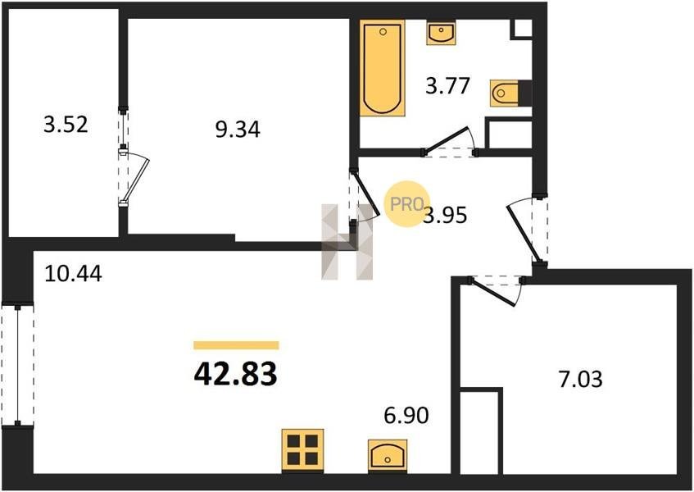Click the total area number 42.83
coord(235,374)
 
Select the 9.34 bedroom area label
coord(238,130)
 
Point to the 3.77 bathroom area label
coord(447,86)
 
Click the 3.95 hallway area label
coord(445,216)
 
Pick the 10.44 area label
coord(74,274)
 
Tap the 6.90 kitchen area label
coord(406,416)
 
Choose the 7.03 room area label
coord(581,380)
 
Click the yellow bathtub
coord(383,68)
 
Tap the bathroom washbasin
coord(441,32)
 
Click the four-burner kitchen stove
coord(302,450)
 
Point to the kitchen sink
coord(388,455)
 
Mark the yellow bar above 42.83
coord(236,345)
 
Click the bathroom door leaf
coord(446,140)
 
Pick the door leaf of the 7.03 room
coord(493,291)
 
